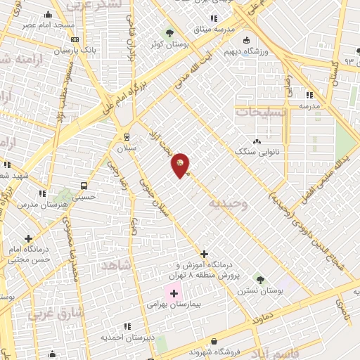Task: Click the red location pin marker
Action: coord(181,165)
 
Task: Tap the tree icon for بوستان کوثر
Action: coord(169,33)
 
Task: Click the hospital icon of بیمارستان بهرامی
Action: coord(174,292)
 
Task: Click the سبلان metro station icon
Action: coord(127,137)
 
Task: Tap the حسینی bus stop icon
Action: coord(84,186)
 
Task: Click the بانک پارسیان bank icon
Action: coord(75,39)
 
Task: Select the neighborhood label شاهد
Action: coord(117,264)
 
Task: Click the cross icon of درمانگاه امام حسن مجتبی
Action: coord(28,239)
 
